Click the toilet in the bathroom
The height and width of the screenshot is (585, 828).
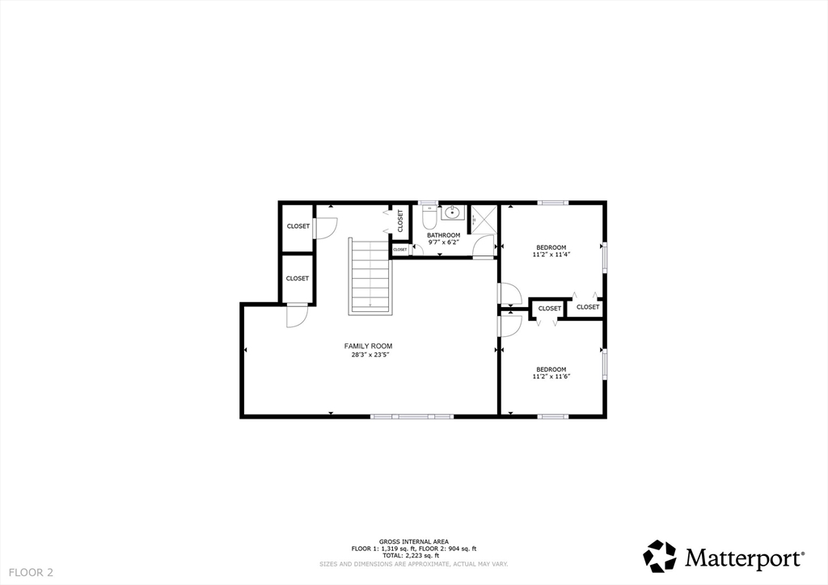429,218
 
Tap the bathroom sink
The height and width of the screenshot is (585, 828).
450,214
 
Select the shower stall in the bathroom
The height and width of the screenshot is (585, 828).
484,219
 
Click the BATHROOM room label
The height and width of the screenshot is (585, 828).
443,235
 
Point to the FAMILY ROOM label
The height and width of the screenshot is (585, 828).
368,346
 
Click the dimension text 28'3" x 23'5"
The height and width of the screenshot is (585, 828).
368,354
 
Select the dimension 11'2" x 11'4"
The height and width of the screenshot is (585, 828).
551,255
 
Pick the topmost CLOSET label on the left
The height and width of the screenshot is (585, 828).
298,226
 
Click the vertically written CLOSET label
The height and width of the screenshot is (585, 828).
399,221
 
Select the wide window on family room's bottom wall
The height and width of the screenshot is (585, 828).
412,416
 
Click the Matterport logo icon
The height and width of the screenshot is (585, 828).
659,556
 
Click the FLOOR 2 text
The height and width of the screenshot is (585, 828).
27,572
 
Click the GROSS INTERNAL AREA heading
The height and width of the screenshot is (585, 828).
414,541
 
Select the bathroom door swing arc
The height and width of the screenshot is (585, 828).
485,245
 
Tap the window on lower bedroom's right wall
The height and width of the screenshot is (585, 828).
603,363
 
